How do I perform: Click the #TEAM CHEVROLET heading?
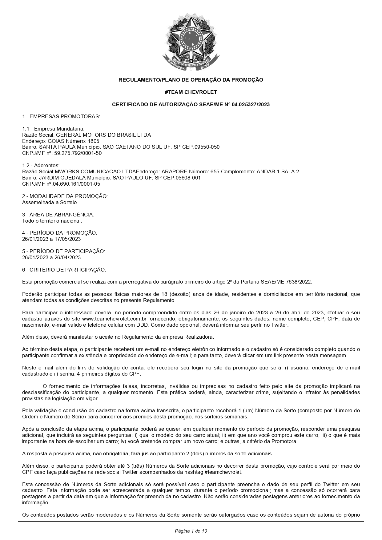[x=191, y=92]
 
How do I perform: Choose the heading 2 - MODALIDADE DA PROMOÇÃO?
[x=65, y=196]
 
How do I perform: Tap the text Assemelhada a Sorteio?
[x=50, y=202]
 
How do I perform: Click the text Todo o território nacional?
[x=52, y=221]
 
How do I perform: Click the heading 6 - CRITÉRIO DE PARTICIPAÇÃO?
[x=64, y=270]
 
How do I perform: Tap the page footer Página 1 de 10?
[x=191, y=531]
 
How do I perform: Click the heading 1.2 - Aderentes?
[x=41, y=165]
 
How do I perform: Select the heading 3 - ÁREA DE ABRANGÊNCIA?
[x=58, y=215]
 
